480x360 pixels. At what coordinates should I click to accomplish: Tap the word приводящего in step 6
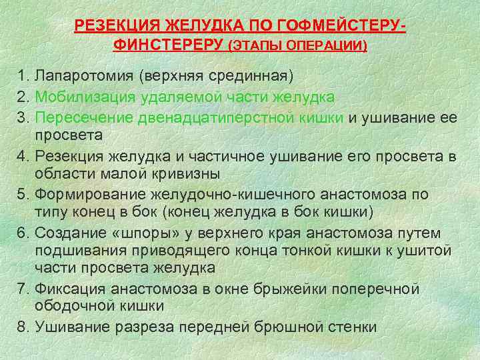point(217,251)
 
